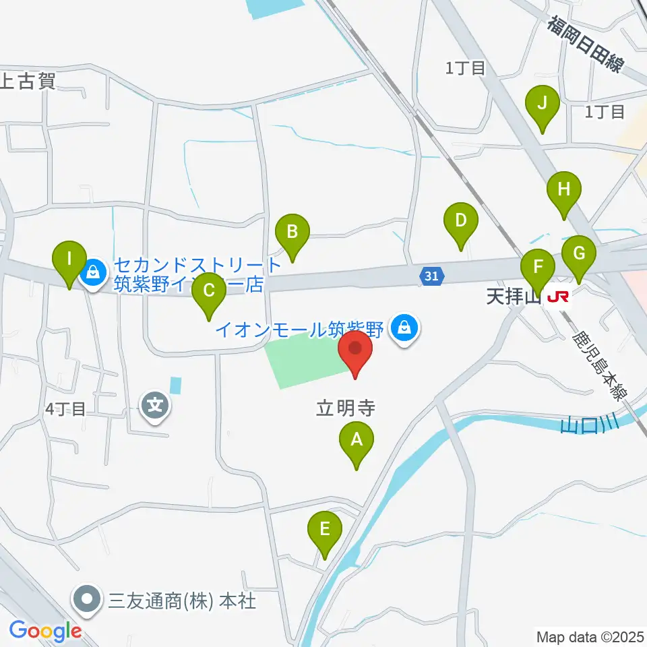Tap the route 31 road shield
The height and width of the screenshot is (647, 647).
pyautogui.click(x=432, y=275)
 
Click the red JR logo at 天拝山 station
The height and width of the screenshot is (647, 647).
pyautogui.click(x=557, y=296)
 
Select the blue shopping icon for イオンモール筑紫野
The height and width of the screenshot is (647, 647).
pyautogui.click(x=404, y=330)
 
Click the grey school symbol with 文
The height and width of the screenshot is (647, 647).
pyautogui.click(x=156, y=406)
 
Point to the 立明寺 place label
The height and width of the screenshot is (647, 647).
pyautogui.click(x=346, y=408)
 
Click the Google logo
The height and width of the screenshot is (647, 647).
pyautogui.click(x=45, y=631)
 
